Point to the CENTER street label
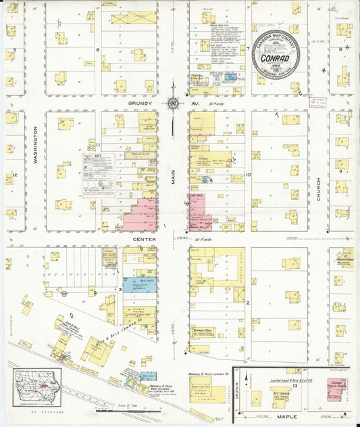[143, 239]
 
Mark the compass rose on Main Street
[173, 103]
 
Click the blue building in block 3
[140, 284]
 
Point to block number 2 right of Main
[248, 302]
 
